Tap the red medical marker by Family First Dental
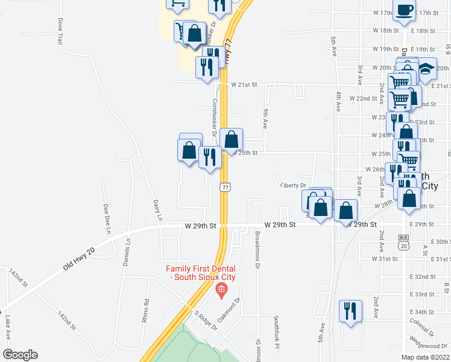click(x=221, y=291)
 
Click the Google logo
click(x=20, y=355)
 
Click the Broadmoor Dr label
click(x=257, y=249)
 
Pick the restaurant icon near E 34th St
click(x=350, y=311)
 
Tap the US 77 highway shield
click(x=225, y=187)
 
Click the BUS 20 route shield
click(x=403, y=243)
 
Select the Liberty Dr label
click(x=294, y=186)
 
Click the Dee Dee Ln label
click(x=109, y=219)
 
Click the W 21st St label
click(x=244, y=85)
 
